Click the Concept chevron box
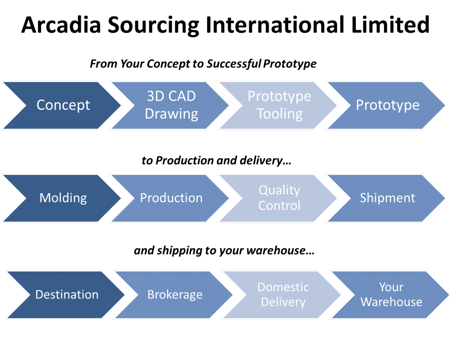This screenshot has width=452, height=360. [x=63, y=105]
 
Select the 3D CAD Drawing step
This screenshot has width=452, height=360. [x=171, y=105]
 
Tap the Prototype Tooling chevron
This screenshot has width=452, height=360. [x=279, y=105]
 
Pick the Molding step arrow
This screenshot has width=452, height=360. [x=63, y=198]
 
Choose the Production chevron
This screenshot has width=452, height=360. [x=171, y=198]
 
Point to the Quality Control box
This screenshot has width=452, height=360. [x=279, y=198]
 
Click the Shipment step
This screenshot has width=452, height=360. [x=388, y=198]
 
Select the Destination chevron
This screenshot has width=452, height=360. [x=67, y=295]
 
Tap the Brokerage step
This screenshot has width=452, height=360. [x=175, y=295]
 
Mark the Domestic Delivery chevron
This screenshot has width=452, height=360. [x=283, y=295]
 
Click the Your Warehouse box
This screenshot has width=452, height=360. [x=392, y=295]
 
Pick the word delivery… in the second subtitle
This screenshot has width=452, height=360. [x=265, y=160]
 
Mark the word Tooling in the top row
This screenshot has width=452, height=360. [x=280, y=114]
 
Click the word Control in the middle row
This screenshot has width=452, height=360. [x=279, y=205]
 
